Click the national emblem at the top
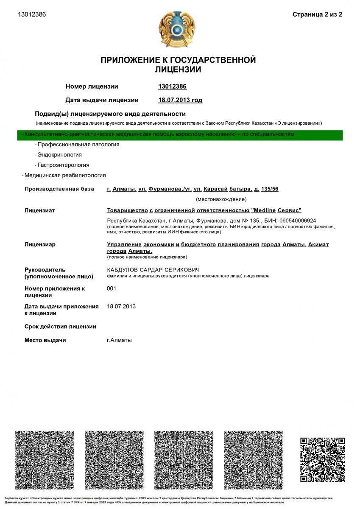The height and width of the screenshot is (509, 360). click(177, 30)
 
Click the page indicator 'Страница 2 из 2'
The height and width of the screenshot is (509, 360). click(317, 14)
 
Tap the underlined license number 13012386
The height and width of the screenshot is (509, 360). click(172, 87)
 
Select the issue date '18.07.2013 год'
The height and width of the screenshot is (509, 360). click(180, 100)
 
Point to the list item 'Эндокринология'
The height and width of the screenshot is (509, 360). click(59, 155)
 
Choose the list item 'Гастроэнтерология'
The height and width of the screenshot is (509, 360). click(63, 165)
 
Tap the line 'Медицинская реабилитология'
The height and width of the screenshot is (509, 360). click(65, 175)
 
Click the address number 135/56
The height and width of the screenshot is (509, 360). click(270, 189)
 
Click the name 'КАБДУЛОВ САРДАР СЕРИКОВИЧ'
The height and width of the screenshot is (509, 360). click(153, 270)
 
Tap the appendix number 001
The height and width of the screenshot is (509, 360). click(112, 288)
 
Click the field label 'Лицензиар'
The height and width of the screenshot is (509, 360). click(40, 244)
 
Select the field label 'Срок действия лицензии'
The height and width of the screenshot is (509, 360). click(60, 327)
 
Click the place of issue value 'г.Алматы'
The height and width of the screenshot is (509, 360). click(119, 340)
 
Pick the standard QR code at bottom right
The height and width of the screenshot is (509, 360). click(322, 460)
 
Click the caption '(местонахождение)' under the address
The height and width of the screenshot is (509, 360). click(221, 199)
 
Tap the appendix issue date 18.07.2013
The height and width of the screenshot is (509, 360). click(122, 306)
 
